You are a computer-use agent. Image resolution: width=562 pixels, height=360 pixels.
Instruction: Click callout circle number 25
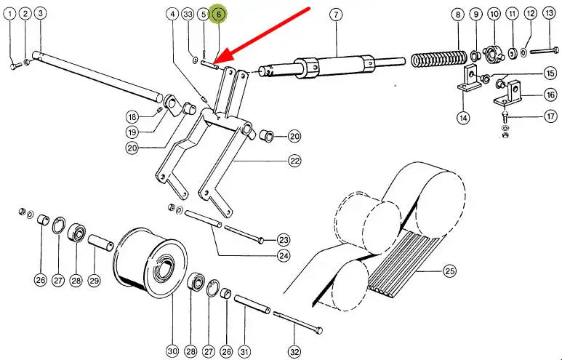pyautogui.click(x=449, y=271)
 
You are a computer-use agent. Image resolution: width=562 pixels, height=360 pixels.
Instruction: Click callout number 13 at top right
pyautogui.click(x=549, y=14)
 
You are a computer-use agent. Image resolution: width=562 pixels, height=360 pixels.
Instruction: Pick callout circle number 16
pyautogui.click(x=550, y=95)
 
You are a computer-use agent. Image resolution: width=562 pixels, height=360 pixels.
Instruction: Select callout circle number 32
pyautogui.click(x=294, y=352)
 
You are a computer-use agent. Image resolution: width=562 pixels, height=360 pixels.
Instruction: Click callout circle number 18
pyautogui.click(x=132, y=117)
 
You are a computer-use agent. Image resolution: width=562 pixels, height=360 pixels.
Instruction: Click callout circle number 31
pyautogui.click(x=244, y=352)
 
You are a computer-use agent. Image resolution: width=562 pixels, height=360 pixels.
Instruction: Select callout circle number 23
pyautogui.click(x=284, y=239)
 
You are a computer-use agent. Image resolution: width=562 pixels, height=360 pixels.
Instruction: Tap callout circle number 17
pyautogui.click(x=550, y=115)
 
